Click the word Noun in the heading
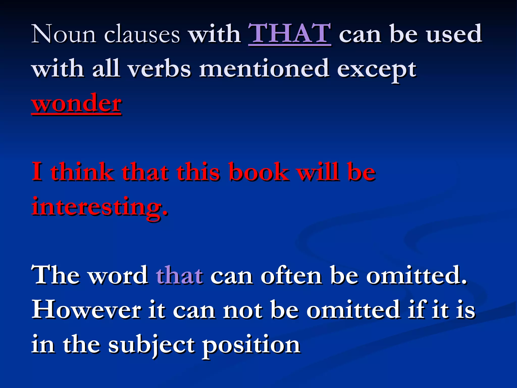coord(64,34)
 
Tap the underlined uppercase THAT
coord(290,34)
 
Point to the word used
coord(454,34)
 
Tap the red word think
coord(82,172)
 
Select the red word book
coord(259,172)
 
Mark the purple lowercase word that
coord(179,276)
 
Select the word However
coord(86,310)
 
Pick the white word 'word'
coord(118,276)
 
